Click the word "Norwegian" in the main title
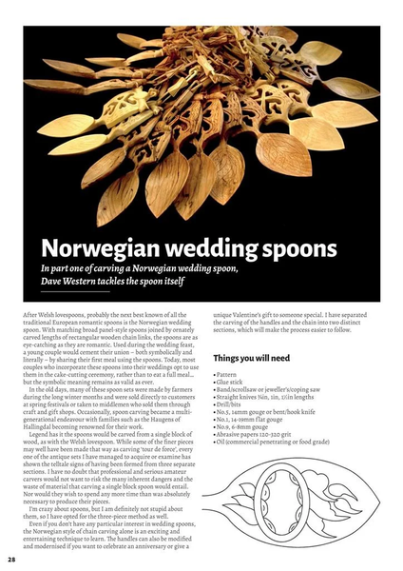point(99,250)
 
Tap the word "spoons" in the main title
point(294,250)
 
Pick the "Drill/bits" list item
point(232,409)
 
